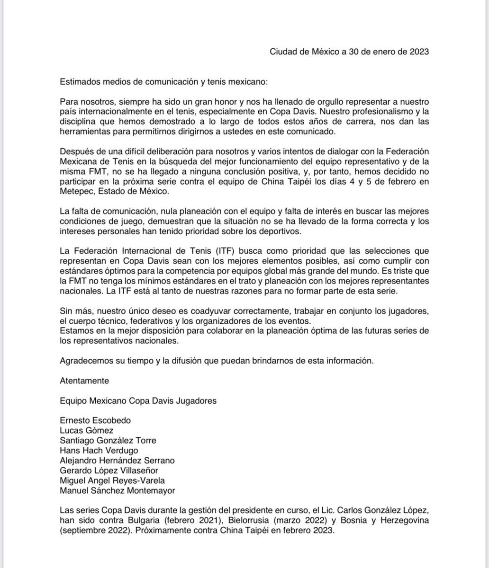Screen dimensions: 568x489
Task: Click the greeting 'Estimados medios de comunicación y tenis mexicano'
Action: pos(163,81)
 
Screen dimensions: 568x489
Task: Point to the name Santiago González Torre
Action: pos(108,440)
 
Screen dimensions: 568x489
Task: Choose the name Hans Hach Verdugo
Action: pos(99,450)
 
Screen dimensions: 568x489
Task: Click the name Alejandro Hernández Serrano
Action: pos(118,460)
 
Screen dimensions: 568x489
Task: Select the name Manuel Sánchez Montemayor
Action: pos(118,490)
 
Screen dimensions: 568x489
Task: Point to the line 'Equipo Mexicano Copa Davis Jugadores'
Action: pos(138,400)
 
